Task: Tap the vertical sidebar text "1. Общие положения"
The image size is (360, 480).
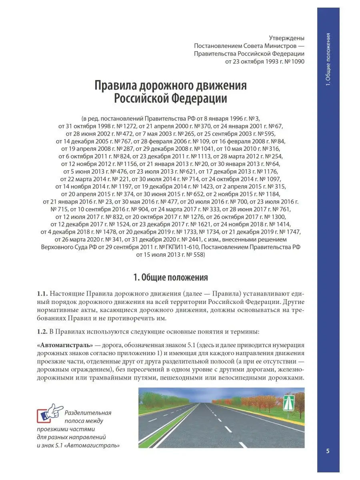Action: click(x=328, y=60)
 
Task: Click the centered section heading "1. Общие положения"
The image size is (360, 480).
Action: click(x=170, y=277)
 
